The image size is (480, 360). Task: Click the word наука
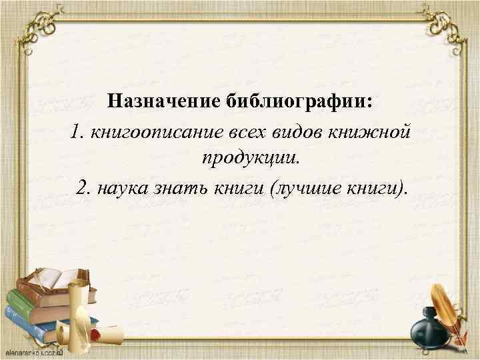pyautogui.click(x=122, y=187)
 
